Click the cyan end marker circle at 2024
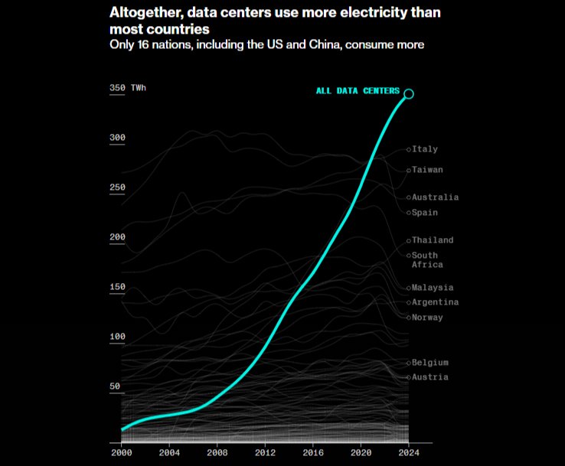click(409, 93)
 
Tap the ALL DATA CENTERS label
click(358, 91)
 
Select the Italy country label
click(425, 149)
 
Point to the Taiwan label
click(427, 170)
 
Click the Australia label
click(435, 197)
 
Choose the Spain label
click(425, 213)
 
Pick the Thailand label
click(433, 240)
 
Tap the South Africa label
click(426, 260)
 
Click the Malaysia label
click(433, 288)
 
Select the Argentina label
click(435, 302)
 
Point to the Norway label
click(427, 318)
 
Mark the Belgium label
click(429, 363)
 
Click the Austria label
click(429, 377)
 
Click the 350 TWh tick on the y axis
click(127, 88)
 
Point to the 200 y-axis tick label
click(117, 237)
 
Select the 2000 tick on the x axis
click(121, 452)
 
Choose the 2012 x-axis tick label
click(265, 452)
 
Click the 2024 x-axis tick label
click(409, 452)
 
